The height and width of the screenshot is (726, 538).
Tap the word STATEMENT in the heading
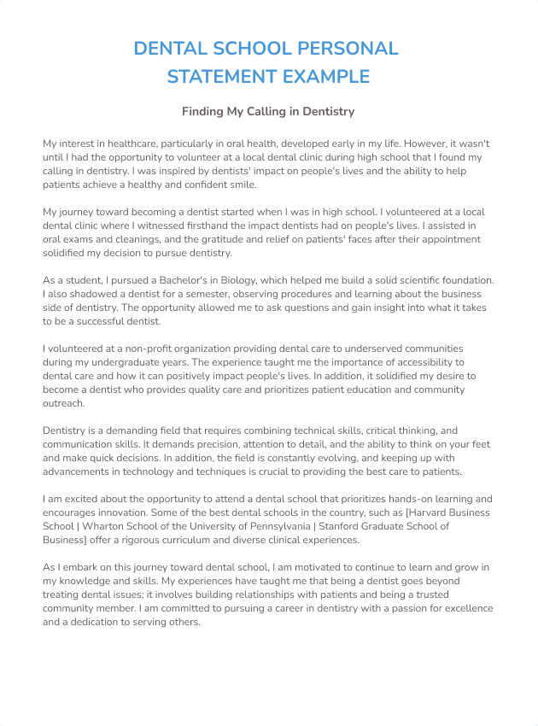(x=216, y=77)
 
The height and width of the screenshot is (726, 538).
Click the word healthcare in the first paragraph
(x=128, y=143)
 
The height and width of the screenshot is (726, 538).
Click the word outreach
(x=63, y=403)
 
